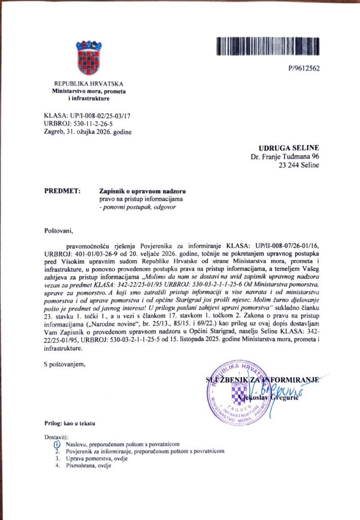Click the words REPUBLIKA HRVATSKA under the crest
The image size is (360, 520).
tap(89, 84)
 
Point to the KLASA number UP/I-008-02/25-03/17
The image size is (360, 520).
tap(87, 116)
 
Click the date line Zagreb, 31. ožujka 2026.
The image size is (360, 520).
tap(88, 132)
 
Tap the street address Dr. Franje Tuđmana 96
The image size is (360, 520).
tap(285, 156)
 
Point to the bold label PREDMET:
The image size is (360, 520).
tap(62, 191)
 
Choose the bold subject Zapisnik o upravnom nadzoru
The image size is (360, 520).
tap(143, 191)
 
